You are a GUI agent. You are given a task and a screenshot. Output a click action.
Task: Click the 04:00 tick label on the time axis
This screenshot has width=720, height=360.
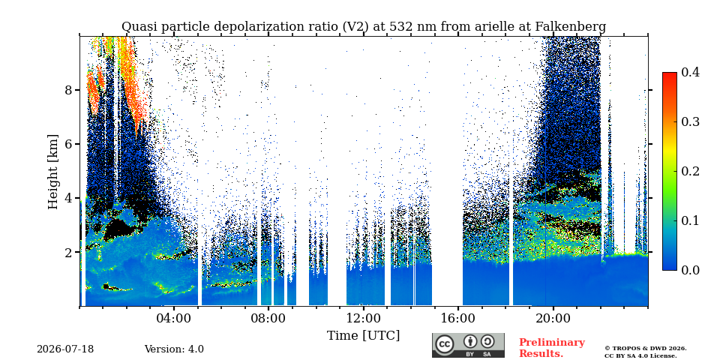coord(174,319)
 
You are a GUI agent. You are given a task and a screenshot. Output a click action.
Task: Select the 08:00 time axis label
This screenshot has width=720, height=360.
coord(268,319)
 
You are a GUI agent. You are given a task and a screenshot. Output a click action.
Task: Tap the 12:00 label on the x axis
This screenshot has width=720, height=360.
coord(363,319)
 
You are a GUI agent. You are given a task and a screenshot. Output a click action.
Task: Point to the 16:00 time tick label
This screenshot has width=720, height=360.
coord(457,319)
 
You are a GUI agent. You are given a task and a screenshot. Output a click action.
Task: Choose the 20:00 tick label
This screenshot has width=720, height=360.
coord(553,319)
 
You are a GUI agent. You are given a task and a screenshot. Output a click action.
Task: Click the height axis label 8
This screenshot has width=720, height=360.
coord(69,90)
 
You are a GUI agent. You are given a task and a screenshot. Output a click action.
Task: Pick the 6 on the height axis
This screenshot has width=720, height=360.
coord(69,144)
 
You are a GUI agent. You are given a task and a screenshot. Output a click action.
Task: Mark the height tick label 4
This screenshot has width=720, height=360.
coord(69,198)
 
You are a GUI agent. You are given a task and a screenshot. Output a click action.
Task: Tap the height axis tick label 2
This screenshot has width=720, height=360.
coord(69,253)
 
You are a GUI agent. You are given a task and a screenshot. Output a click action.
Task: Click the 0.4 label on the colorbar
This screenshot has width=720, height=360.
coord(690,72)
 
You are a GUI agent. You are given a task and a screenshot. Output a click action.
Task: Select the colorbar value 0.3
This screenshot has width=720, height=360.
coord(690,121)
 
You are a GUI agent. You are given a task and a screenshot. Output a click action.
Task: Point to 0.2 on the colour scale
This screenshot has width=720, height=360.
coord(690,171)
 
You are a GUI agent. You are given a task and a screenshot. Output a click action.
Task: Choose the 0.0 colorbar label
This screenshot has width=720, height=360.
coord(690,270)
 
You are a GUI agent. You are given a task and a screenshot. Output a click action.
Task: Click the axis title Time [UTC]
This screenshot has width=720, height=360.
coord(363,336)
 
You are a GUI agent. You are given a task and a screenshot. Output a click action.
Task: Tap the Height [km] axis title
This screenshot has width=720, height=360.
coord(53,172)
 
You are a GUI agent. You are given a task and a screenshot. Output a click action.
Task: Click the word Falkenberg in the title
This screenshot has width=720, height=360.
coord(571,27)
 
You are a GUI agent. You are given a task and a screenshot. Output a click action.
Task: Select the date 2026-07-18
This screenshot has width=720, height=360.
coord(65,349)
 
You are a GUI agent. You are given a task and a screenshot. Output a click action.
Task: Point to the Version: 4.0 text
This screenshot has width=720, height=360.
coord(174,349)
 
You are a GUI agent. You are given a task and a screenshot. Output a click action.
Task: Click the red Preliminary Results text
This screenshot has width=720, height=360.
coord(552,348)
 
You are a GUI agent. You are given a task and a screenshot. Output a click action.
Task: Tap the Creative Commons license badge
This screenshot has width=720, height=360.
coord(468,345)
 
